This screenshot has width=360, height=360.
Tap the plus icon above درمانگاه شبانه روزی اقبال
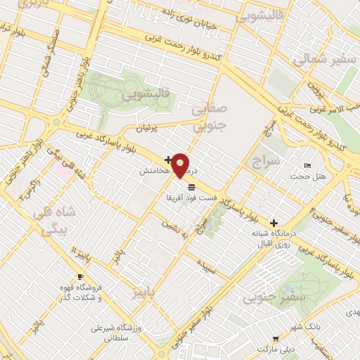click(x=274, y=223)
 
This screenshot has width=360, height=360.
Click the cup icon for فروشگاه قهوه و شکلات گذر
click(x=80, y=276)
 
